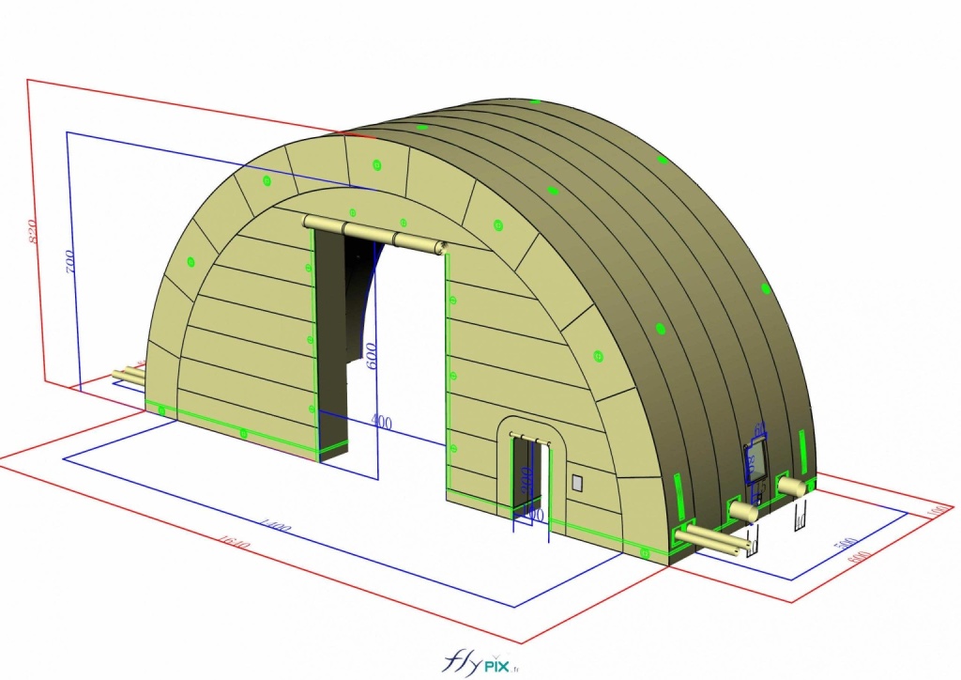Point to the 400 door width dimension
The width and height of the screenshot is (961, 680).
tap(380, 423)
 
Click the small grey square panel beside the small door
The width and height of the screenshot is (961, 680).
tap(577, 483)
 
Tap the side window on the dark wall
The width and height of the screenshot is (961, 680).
tap(755, 461)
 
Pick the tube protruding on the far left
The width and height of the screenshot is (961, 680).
tap(128, 376)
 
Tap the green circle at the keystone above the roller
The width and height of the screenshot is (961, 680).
tap(377, 165)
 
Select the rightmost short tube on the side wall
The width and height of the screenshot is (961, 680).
tap(792, 486)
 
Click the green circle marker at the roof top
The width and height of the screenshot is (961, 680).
tap(535, 101)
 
